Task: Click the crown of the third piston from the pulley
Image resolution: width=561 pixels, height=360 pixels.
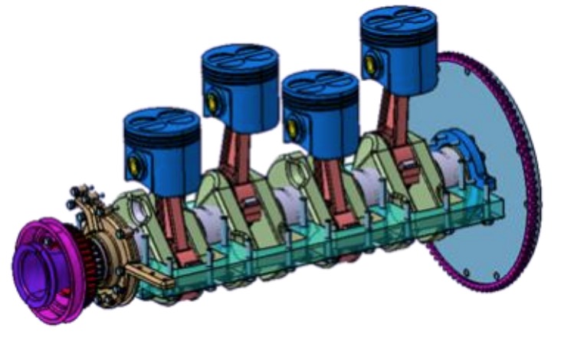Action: (320, 85)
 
